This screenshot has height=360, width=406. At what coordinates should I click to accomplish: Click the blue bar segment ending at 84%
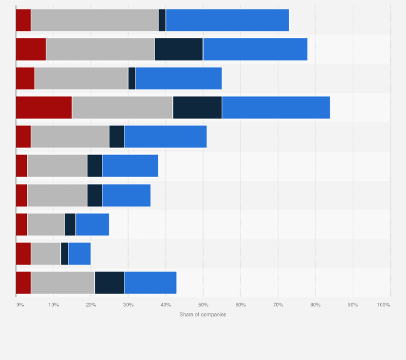[x=276, y=108]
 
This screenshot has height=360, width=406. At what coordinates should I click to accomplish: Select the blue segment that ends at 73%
[x=227, y=20]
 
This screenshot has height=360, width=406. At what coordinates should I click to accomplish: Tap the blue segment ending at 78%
[x=255, y=50]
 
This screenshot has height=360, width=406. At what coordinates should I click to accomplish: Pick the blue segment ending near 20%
[x=79, y=253]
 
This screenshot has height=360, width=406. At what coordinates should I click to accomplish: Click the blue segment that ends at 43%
[x=150, y=283]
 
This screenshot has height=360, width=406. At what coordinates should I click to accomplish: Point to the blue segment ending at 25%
[x=92, y=224]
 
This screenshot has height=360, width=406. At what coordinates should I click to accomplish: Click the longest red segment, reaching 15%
[x=44, y=108]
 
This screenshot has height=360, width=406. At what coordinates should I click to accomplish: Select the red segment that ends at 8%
[x=31, y=50]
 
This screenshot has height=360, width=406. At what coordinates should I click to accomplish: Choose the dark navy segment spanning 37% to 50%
[x=179, y=50]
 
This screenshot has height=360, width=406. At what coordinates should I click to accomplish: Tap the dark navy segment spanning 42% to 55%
[x=197, y=108]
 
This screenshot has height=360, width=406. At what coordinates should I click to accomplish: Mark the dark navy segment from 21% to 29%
[x=109, y=283]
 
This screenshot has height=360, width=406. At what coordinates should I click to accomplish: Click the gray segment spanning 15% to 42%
[x=122, y=108]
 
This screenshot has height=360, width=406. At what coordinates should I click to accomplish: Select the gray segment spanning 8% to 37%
[x=100, y=50]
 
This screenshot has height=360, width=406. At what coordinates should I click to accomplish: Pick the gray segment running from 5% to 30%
[x=81, y=79]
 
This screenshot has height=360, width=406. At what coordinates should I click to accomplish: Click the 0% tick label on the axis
[x=19, y=305]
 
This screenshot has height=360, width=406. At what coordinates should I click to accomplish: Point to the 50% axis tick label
[x=203, y=305]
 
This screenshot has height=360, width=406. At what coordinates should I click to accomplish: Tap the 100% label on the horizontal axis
[x=383, y=305]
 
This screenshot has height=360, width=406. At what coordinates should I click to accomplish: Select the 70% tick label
[x=278, y=305]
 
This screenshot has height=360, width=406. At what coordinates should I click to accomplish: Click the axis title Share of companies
[x=203, y=315]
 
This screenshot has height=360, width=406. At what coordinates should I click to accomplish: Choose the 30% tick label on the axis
[x=128, y=305]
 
